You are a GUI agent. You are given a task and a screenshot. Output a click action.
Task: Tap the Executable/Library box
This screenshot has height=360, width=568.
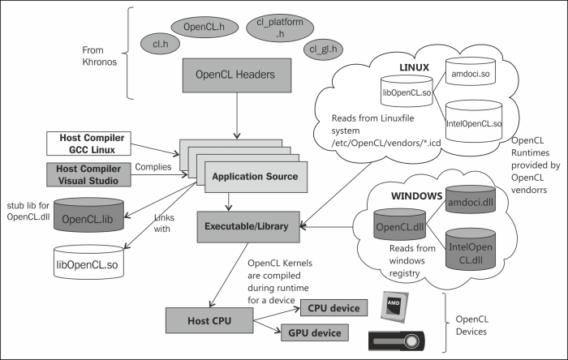click(x=247, y=224)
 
